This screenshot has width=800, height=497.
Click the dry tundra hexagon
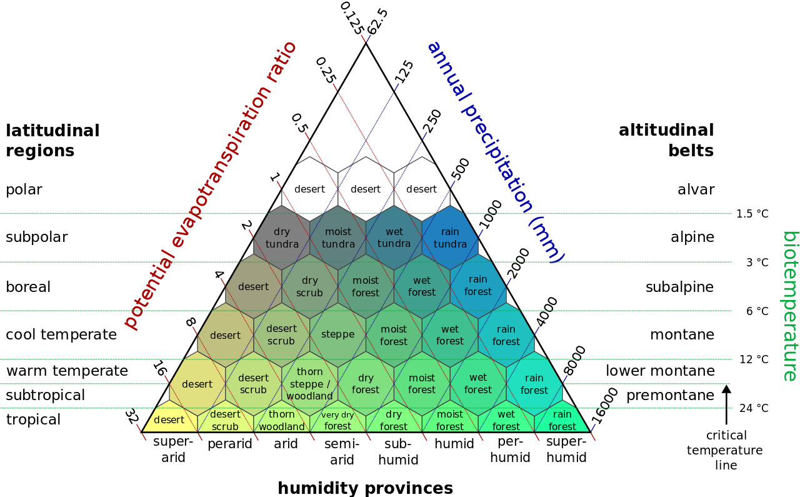pyautogui.click(x=282, y=238)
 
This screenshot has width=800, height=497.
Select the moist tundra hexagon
pyautogui.click(x=338, y=238)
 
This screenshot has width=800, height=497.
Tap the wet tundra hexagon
pyautogui.click(x=394, y=238)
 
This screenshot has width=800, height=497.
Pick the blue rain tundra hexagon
pyautogui.click(x=450, y=238)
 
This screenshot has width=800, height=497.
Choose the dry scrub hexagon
pyautogui.click(x=310, y=286)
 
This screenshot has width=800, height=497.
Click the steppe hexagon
pyautogui.click(x=338, y=334)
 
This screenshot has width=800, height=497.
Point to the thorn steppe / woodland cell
pyautogui.click(x=310, y=383)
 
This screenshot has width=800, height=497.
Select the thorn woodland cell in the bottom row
pyautogui.click(x=282, y=420)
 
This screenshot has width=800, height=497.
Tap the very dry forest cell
pyautogui.click(x=337, y=420)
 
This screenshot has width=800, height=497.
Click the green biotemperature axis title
pyautogui.click(x=790, y=306)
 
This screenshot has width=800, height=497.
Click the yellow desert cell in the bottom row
pyautogui.click(x=169, y=420)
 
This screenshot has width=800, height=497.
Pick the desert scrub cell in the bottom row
pyautogui.click(x=225, y=420)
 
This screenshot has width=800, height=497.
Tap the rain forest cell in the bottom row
pyautogui.click(x=562, y=420)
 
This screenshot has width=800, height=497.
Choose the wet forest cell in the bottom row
pyautogui.click(x=506, y=420)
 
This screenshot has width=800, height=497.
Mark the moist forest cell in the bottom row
pyautogui.click(x=450, y=420)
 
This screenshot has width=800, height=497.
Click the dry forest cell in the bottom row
pyautogui.click(x=394, y=420)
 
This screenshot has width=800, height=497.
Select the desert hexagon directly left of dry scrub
pyautogui.click(x=254, y=286)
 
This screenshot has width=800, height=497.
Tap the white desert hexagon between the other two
pyautogui.click(x=366, y=189)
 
